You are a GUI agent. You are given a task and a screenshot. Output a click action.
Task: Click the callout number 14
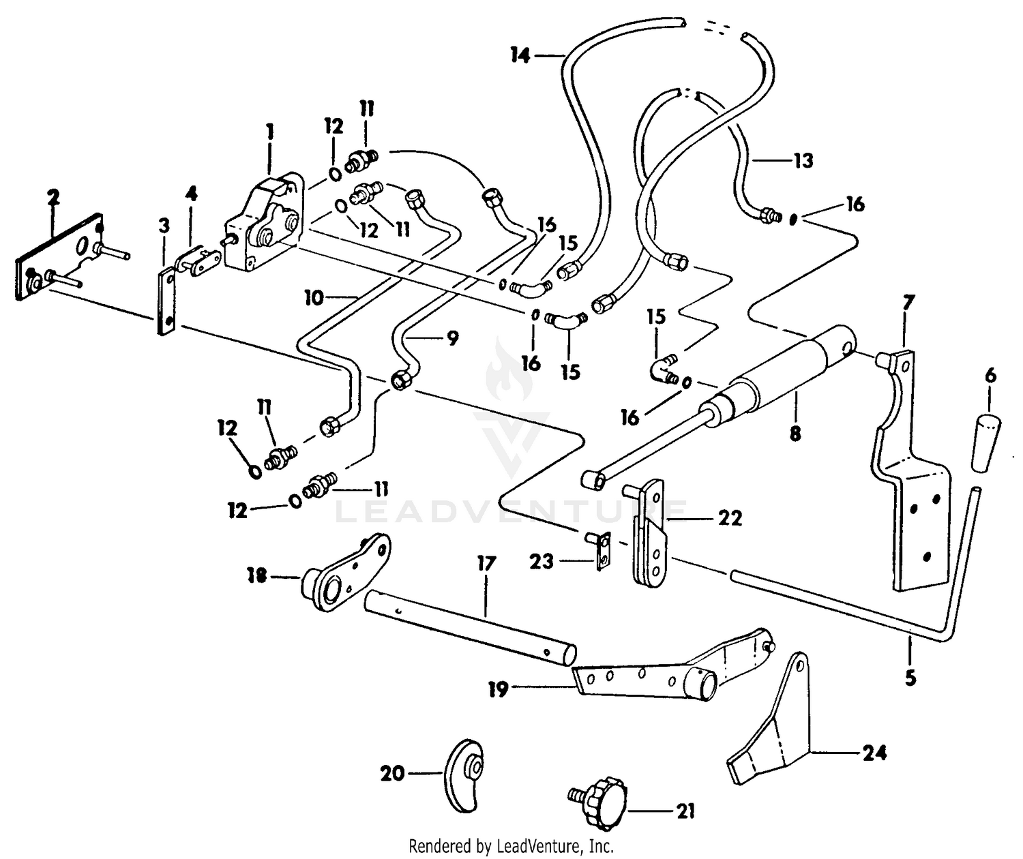coord(520,55)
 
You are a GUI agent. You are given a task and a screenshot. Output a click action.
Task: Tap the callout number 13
coord(803,160)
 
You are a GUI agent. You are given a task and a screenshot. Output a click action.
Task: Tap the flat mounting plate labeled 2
coord(59,256)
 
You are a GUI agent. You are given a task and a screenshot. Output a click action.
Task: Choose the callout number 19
coord(499,690)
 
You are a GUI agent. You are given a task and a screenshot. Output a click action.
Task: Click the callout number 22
coord(730,517)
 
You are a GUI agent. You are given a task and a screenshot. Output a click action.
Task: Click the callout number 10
coord(314,297)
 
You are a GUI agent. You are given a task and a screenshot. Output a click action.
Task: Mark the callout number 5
coord(910,678)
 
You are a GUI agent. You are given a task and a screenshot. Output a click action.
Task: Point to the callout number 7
coord(908,303)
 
